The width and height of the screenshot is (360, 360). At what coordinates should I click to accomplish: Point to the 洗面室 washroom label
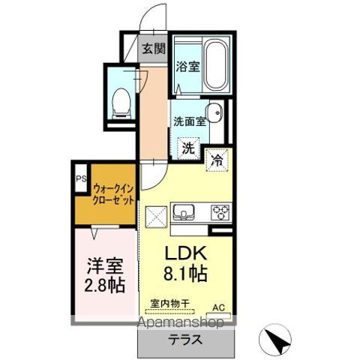190,121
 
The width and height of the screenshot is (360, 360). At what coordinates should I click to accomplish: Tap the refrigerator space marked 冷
216,159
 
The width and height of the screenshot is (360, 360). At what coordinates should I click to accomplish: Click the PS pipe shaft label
80,179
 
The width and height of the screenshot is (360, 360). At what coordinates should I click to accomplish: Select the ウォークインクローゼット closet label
114,196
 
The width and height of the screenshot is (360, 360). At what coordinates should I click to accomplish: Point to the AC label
218,307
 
